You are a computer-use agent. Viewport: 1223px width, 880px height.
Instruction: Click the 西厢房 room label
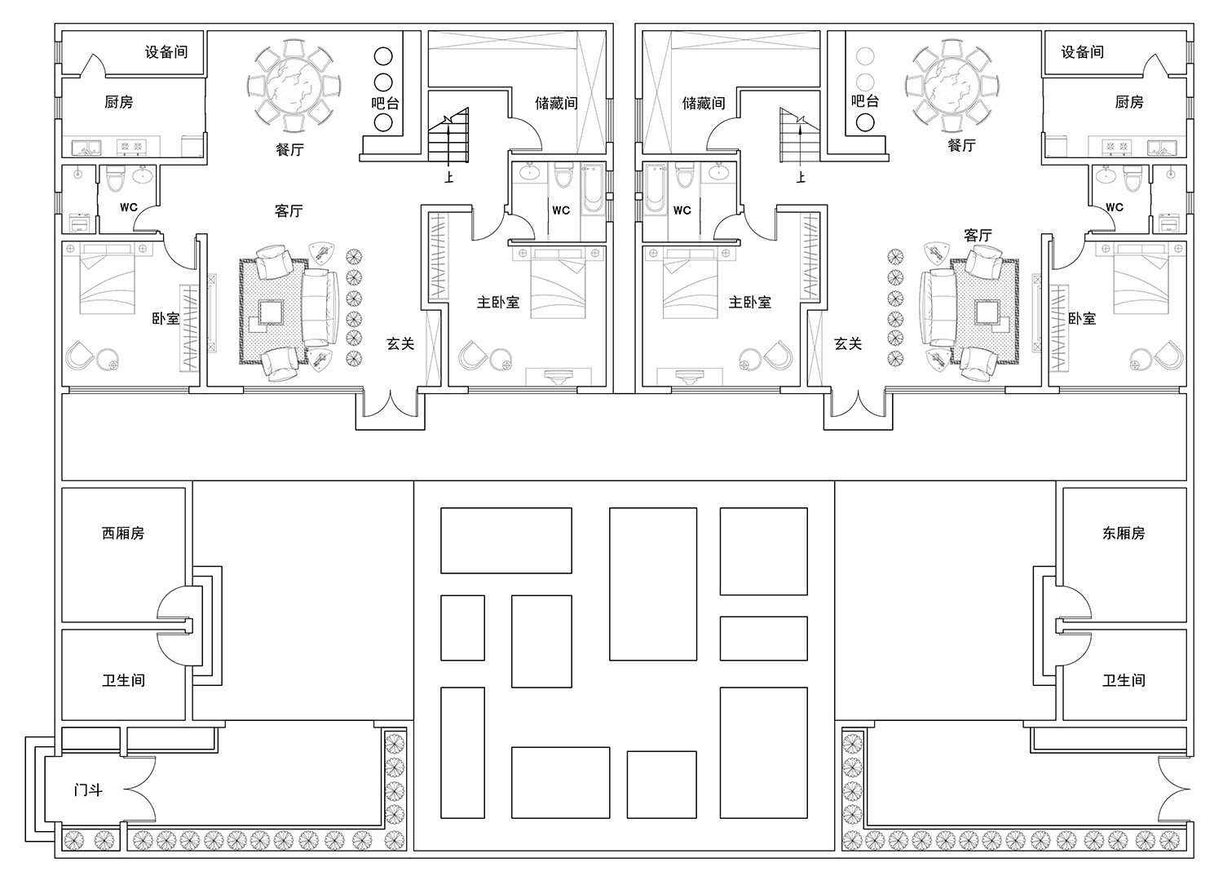click(x=123, y=533)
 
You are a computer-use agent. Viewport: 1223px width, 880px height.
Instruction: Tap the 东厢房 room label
click(x=1124, y=533)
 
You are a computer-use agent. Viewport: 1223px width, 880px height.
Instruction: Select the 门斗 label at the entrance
click(x=88, y=789)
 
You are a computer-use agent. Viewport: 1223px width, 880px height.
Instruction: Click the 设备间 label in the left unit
click(x=166, y=52)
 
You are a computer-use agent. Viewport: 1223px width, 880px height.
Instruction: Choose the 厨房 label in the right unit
click(x=1129, y=102)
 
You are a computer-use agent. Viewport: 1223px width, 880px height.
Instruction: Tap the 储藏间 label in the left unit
click(x=556, y=103)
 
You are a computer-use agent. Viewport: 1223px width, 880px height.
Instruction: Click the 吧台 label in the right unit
click(x=865, y=101)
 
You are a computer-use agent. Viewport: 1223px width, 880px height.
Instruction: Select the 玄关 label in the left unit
click(x=401, y=343)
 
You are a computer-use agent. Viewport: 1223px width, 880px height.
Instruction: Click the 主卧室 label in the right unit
click(x=749, y=302)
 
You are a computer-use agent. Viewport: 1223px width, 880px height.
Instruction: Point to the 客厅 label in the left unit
click(x=289, y=211)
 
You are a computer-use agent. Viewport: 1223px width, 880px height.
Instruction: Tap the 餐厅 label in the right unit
click(x=962, y=145)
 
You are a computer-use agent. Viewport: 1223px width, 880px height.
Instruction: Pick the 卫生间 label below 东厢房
click(x=1124, y=680)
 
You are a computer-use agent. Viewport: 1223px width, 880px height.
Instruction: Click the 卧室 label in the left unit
click(x=166, y=318)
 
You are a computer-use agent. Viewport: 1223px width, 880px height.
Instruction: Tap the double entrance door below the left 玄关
click(x=390, y=404)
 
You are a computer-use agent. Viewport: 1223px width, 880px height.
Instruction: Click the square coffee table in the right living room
click(x=987, y=313)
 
